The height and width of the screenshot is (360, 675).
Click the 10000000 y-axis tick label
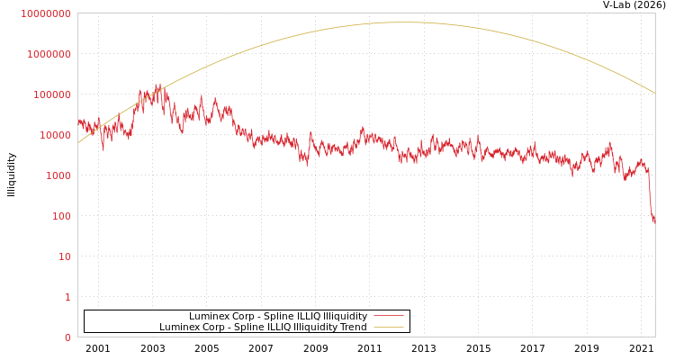point(45,13)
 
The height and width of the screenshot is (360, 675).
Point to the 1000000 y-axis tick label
point(48,54)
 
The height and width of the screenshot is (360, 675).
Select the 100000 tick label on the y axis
point(50,94)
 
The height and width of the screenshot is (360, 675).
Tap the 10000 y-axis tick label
point(53,135)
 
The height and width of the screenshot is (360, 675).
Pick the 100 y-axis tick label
point(59,216)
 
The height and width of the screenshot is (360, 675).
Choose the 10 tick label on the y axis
point(63,256)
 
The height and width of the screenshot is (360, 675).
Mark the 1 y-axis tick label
point(67,297)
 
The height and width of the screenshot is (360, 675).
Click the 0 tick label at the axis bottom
point(67,337)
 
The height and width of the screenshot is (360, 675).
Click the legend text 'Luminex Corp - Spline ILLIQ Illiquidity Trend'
point(263,328)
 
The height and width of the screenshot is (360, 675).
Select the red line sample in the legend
point(388,317)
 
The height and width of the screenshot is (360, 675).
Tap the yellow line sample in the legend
point(388,328)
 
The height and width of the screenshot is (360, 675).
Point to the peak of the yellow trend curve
point(405,22)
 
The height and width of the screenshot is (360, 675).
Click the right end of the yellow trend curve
point(655,94)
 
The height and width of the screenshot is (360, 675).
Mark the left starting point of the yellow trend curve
point(78,142)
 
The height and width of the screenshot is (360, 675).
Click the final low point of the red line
point(654,221)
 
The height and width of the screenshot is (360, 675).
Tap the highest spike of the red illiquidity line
point(159,84)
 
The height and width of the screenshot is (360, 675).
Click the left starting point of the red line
point(78,118)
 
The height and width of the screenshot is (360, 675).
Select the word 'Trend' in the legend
point(353,328)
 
